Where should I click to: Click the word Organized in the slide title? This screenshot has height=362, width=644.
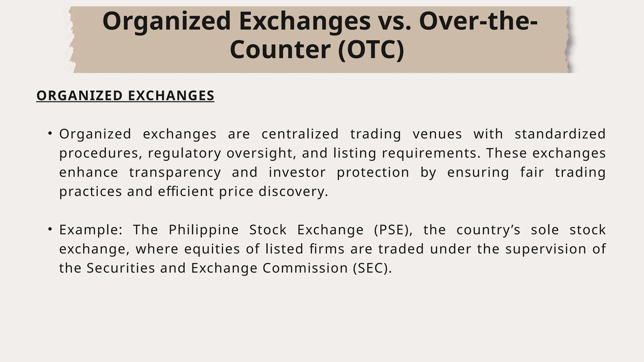tap(167, 21)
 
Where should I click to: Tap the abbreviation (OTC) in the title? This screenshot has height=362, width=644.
tap(371, 50)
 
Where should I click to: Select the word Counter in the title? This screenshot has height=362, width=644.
tap(280, 50)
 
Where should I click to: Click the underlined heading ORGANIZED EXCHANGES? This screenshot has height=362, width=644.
tap(125, 96)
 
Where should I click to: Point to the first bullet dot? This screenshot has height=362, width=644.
tap(50, 134)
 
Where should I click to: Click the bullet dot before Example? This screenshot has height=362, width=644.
tap(50, 230)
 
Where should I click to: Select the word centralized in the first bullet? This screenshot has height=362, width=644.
tap(300, 134)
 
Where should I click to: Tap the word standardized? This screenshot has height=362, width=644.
tap(560, 134)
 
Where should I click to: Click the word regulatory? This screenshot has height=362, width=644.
tap(185, 153)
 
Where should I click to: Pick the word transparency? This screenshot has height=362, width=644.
tap(175, 173)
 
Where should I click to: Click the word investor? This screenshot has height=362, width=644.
tap(297, 173)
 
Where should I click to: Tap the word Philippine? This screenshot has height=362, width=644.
tap(204, 230)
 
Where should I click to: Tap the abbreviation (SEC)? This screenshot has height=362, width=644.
tap(372, 268)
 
